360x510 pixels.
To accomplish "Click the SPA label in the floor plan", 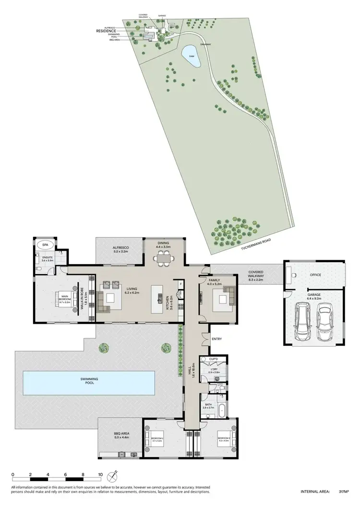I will click(x=45, y=245).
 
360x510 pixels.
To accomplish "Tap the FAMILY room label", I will click(x=214, y=280).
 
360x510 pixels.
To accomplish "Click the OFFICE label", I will click(x=315, y=275).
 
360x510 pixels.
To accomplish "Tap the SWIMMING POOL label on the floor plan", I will click(x=90, y=381).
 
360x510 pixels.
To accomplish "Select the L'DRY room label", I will click(x=214, y=370).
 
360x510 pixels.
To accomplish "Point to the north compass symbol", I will click(x=113, y=477).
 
